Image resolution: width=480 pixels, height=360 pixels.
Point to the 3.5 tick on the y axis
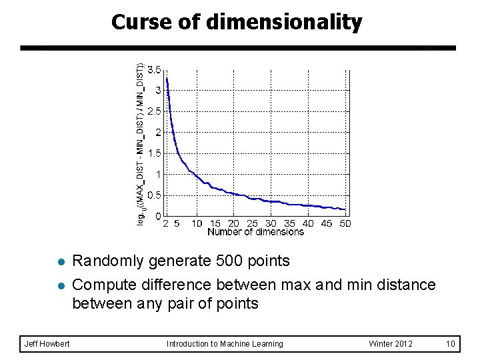pos(154,69)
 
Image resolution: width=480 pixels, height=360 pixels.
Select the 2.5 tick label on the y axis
pos(154,111)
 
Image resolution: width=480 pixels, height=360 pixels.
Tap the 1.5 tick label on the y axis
pos(154,153)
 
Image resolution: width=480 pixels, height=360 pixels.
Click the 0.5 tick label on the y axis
pos(154,195)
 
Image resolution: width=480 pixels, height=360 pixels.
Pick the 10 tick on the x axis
pos(197,223)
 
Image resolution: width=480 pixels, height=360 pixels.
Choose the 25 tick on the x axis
pos(252,223)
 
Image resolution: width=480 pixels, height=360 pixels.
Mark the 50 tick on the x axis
pos(345,223)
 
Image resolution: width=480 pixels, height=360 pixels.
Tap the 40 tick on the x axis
pos(308,223)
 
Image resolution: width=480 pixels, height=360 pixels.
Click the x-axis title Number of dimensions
pos(255,232)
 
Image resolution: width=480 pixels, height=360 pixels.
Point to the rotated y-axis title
pos(141,143)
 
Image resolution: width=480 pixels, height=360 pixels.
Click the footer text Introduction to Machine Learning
pos(225,344)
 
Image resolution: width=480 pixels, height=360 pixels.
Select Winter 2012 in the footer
pos(391,344)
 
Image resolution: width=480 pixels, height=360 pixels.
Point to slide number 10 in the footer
pos(451,344)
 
